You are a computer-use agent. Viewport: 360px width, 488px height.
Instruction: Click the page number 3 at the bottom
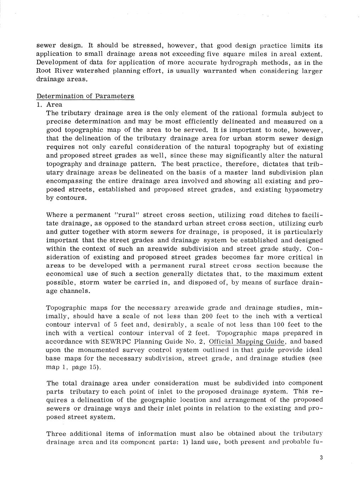pyautogui.click(x=321, y=458)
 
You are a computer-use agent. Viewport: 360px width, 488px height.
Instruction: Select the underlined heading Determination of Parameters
pyautogui.click(x=85, y=96)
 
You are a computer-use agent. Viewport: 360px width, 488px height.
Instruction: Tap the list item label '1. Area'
pyautogui.click(x=50, y=105)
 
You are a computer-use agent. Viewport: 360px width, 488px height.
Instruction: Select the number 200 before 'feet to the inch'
pyautogui.click(x=207, y=316)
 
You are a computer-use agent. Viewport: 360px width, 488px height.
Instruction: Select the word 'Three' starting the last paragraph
pyautogui.click(x=56, y=434)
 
